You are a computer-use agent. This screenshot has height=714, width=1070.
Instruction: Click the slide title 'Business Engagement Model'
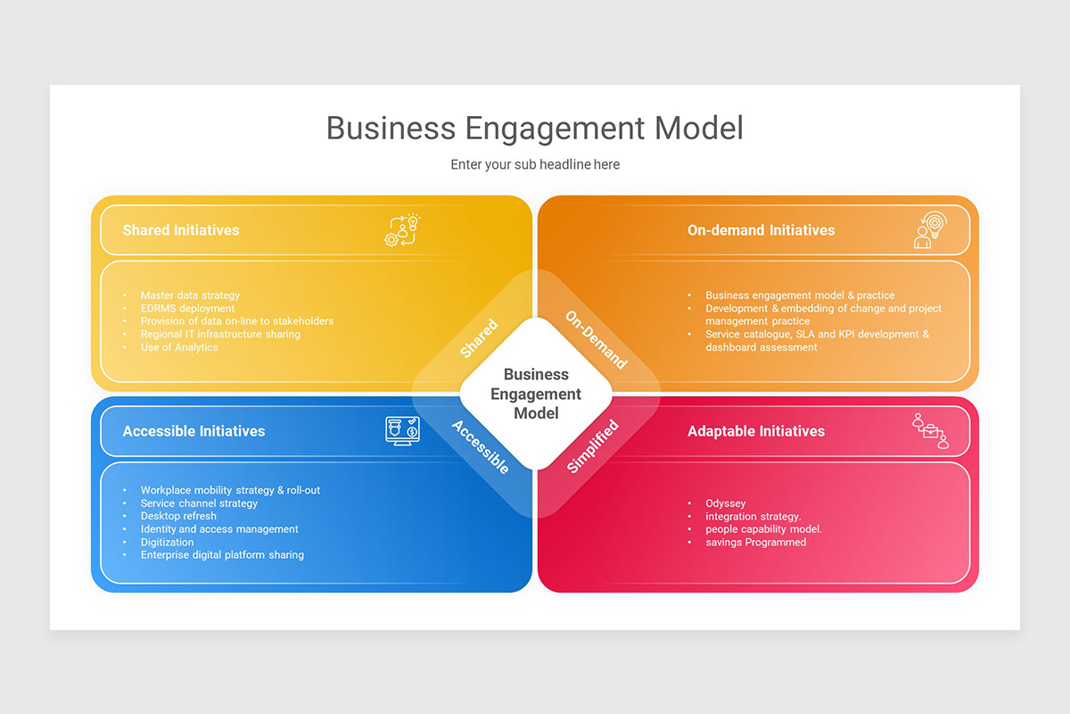(534, 129)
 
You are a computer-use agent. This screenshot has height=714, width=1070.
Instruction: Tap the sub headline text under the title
(535, 164)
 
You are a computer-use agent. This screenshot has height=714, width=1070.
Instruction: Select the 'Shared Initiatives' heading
(181, 230)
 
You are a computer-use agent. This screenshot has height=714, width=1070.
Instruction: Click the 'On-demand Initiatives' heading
(761, 230)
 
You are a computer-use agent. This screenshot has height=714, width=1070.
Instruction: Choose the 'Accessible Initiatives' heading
(194, 431)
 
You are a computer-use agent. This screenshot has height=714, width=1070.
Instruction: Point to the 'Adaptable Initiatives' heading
(756, 431)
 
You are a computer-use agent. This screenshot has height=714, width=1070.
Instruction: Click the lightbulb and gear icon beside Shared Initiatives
(403, 229)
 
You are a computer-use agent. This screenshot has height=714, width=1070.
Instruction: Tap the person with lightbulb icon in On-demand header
(930, 230)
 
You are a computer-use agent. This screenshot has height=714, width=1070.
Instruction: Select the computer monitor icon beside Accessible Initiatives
(403, 431)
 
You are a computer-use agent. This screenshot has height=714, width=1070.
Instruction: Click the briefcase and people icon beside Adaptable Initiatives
(931, 431)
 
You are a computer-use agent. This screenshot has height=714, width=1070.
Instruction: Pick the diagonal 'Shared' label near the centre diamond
(479, 338)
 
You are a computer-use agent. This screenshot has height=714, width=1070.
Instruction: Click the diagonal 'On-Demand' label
(597, 339)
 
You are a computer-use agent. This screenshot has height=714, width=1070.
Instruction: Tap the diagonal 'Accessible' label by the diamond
(481, 447)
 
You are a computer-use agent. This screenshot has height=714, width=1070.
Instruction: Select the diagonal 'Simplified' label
(592, 446)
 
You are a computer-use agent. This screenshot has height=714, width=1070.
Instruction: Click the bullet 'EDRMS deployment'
(188, 309)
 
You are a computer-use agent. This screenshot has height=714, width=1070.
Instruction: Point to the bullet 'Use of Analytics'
(179, 347)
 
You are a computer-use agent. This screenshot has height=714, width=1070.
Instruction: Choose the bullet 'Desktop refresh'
(178, 516)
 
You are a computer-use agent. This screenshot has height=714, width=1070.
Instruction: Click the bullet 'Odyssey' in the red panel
(726, 503)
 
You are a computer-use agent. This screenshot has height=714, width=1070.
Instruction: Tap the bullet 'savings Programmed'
(756, 543)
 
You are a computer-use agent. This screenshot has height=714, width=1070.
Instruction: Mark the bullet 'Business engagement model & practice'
(800, 295)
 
